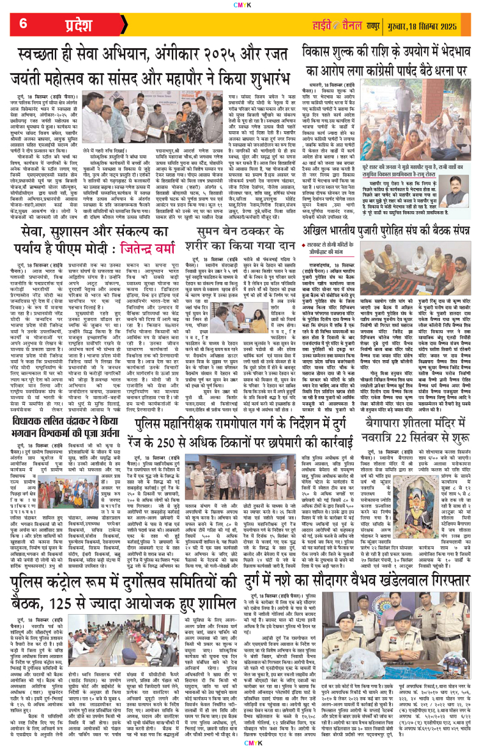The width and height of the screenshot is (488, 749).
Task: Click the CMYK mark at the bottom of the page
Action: coord(243,742)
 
